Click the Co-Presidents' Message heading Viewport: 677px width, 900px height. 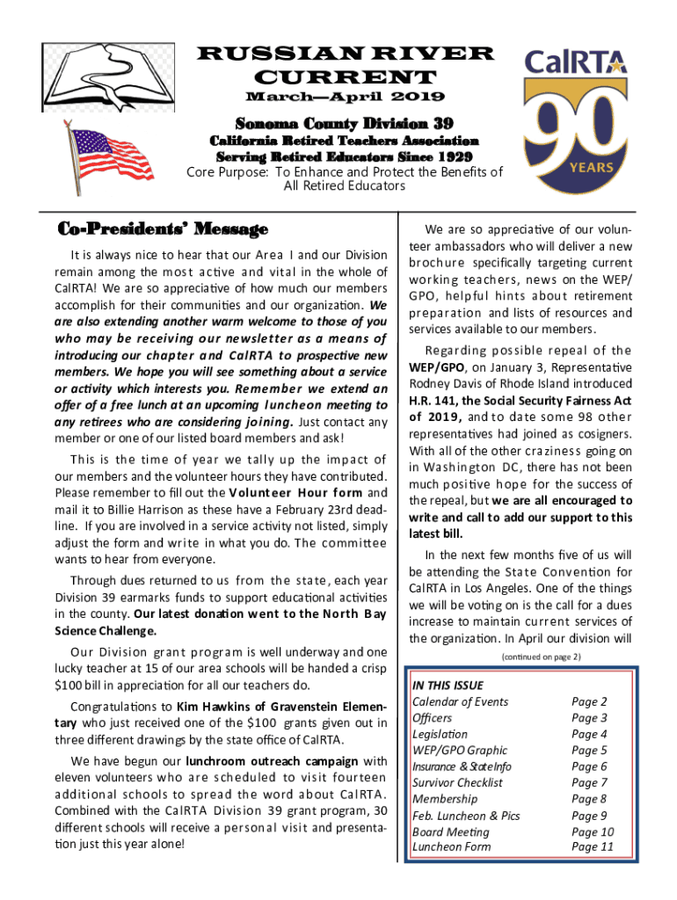click(x=163, y=230)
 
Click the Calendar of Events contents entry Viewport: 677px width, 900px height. click(x=460, y=701)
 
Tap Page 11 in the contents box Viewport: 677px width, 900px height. click(x=593, y=847)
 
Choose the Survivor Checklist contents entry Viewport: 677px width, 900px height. click(x=457, y=782)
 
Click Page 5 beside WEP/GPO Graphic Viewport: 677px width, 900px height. click(x=589, y=750)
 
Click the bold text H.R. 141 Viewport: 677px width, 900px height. click(x=431, y=401)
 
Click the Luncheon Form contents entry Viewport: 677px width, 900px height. click(x=451, y=847)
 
